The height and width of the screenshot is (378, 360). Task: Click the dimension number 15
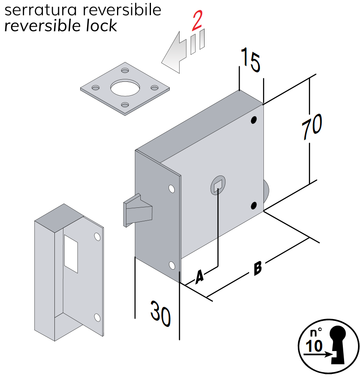(x=250, y=60)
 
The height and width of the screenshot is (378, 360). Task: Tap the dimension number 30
(x=160, y=313)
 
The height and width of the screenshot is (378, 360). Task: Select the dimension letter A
(x=199, y=277)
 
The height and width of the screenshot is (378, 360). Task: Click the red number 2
(x=197, y=21)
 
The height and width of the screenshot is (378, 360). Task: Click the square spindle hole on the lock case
(x=218, y=187)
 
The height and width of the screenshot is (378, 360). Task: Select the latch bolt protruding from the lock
(x=137, y=210)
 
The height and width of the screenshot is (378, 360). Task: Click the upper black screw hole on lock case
(x=254, y=120)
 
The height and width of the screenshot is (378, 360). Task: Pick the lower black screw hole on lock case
(x=254, y=205)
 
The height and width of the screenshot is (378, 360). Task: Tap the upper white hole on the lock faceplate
(x=171, y=189)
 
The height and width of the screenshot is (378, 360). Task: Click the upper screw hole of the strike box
(x=97, y=237)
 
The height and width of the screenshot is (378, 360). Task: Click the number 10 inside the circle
(x=314, y=346)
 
